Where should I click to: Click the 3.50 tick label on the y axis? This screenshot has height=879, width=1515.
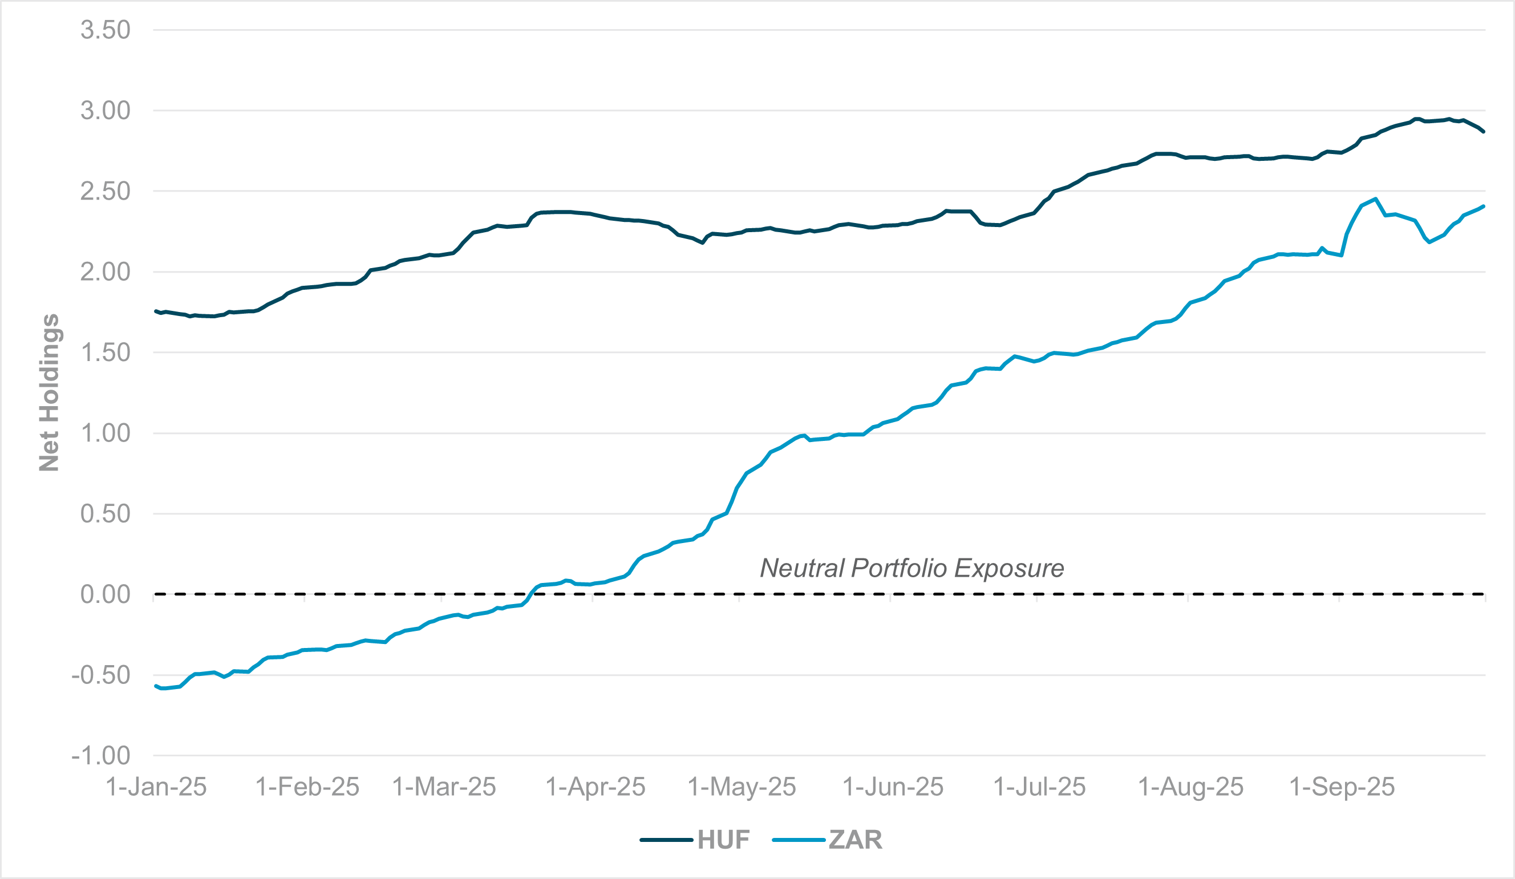tap(105, 30)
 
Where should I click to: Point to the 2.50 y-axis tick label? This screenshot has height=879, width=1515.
tap(105, 191)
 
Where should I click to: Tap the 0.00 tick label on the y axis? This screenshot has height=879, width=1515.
tap(105, 594)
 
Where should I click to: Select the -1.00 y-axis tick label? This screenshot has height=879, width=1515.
tap(100, 755)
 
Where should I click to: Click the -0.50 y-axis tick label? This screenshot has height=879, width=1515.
tap(100, 675)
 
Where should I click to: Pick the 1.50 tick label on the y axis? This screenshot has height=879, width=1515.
tap(105, 353)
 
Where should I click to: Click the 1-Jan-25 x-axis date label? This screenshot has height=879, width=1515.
tap(156, 787)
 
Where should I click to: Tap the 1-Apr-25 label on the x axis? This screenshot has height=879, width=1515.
tap(595, 787)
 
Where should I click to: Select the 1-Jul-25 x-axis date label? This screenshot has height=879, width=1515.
tap(1039, 787)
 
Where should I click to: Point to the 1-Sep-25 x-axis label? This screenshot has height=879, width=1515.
tap(1342, 787)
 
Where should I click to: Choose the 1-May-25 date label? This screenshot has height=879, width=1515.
tap(742, 787)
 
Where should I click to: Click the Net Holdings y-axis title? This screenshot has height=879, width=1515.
tap(49, 392)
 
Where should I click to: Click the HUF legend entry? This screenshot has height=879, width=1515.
tap(723, 840)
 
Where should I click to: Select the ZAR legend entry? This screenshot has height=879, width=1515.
tap(856, 840)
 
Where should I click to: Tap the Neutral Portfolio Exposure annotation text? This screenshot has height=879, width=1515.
tap(912, 568)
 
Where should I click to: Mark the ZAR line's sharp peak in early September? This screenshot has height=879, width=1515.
tap(1375, 199)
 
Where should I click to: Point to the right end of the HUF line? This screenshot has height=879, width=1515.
tap(1484, 131)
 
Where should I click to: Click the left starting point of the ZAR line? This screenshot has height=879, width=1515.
tap(156, 686)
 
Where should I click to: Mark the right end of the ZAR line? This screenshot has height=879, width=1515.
tap(1484, 206)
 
